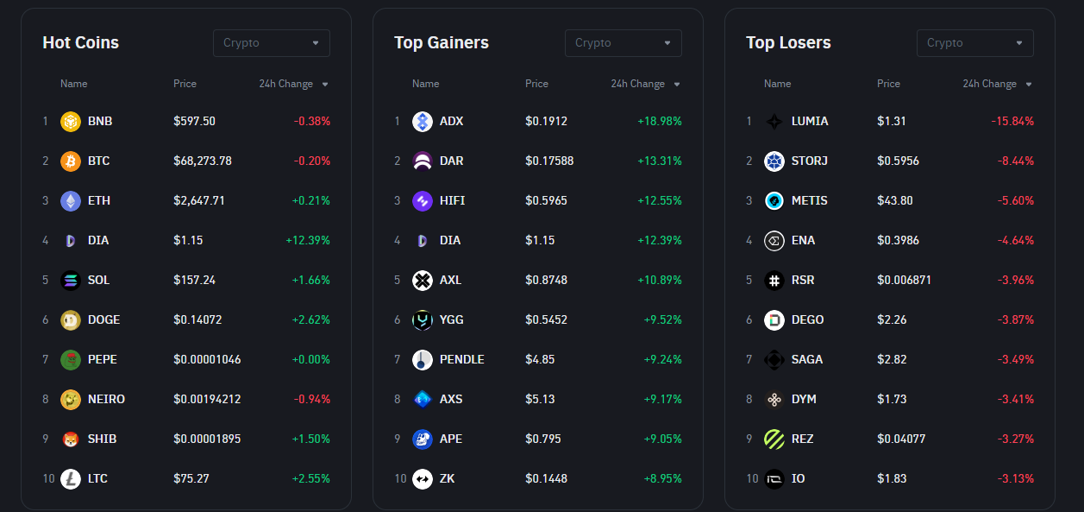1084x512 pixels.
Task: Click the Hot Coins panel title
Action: (x=80, y=42)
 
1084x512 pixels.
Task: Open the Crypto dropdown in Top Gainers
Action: (x=623, y=43)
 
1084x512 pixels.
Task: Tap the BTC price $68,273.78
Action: (x=203, y=161)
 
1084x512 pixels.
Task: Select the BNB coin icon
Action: (x=70, y=122)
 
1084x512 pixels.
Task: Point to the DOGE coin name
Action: (x=103, y=319)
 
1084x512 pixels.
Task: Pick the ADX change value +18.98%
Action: (x=660, y=121)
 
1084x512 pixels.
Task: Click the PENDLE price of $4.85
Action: (x=540, y=359)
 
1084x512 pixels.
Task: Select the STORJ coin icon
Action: (x=774, y=161)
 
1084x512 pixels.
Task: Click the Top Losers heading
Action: (x=788, y=42)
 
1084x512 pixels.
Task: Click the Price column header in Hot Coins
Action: (x=185, y=84)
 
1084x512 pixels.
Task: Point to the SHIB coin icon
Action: (x=70, y=439)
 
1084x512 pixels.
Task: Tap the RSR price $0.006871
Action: (x=904, y=280)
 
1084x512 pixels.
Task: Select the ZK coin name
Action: (x=447, y=478)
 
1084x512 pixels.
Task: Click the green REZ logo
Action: (x=774, y=439)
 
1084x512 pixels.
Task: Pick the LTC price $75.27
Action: (x=191, y=478)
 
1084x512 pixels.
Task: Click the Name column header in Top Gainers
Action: (x=425, y=84)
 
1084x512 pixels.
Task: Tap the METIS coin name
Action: (x=809, y=200)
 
